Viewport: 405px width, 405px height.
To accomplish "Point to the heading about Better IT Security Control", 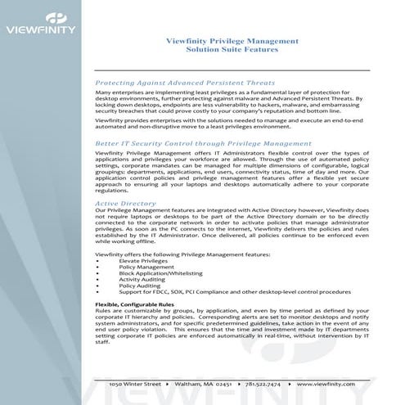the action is tap(197, 142).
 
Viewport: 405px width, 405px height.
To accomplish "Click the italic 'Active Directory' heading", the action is tap(126, 201).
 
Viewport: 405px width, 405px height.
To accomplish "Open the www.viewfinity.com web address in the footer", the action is tap(326, 383).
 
